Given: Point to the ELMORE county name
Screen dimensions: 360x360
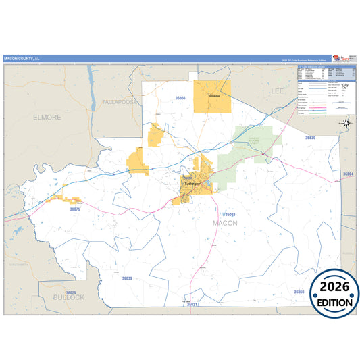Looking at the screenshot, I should pos(47,117).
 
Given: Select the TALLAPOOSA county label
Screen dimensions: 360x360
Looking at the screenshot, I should pos(120,101).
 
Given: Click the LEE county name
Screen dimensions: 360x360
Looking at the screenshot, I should pos(278,90).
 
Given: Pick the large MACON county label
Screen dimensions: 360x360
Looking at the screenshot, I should pos(225,222).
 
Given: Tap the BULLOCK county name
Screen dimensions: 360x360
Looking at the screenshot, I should pos(69,297).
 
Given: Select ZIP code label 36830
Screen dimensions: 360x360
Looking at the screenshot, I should pos(310,137).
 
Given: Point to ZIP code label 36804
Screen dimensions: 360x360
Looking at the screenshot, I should pos(349,174).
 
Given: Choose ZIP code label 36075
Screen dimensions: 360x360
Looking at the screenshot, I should pos(75,209).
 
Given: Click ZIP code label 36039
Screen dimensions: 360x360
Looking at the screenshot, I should pos(127,278).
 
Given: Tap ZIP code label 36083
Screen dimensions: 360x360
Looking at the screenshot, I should pos(229,214).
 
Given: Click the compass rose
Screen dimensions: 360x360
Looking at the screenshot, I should pos(346,122).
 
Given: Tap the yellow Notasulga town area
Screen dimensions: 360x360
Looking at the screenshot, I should pos(212,97).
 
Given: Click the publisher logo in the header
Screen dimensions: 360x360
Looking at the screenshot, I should pos(340,58).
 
